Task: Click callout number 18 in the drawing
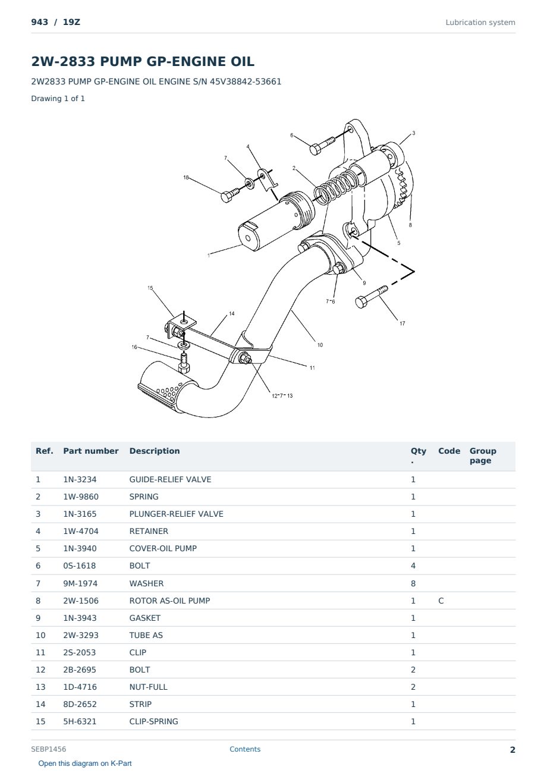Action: [x=186, y=177]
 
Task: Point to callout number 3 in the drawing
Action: [x=413, y=133]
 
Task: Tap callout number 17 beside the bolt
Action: [x=402, y=323]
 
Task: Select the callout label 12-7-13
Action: [x=282, y=396]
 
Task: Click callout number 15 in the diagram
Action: [x=150, y=288]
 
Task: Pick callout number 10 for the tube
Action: [x=320, y=345]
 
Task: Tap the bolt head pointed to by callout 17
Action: [x=361, y=303]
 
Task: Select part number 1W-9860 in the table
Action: [x=81, y=497]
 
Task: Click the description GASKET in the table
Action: [x=145, y=618]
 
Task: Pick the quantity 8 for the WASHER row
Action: [x=413, y=583]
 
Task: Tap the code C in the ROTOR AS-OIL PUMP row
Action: [x=441, y=601]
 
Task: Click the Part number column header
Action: [x=91, y=451]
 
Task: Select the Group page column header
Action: [x=483, y=455]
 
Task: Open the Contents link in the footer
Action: [x=245, y=749]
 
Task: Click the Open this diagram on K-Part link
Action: [x=85, y=763]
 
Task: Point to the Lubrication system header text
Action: [x=480, y=23]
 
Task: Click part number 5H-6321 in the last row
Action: [x=80, y=721]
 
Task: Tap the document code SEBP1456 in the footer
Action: [x=49, y=749]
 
